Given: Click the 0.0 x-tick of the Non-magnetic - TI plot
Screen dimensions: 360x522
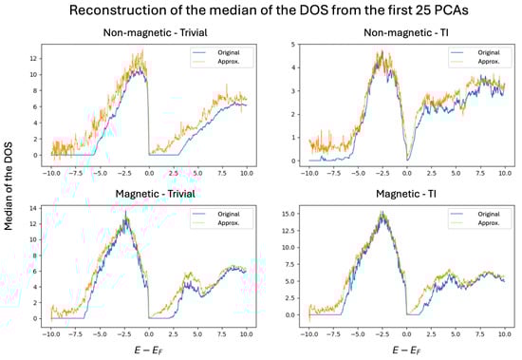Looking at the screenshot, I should coord(406,175).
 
